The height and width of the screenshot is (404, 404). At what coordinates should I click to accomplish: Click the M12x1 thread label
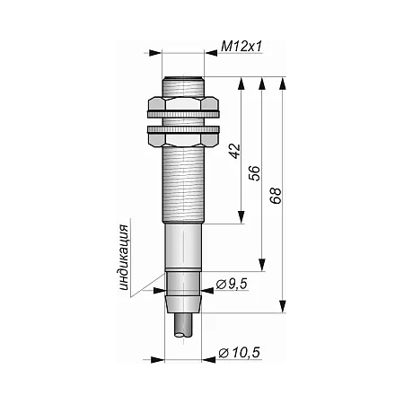pyautogui.click(x=242, y=47)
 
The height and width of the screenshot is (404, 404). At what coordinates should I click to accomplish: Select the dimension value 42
pyautogui.click(x=235, y=151)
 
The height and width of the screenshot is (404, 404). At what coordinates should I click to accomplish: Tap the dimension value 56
pyautogui.click(x=255, y=173)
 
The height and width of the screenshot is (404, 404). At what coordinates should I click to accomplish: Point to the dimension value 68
pyautogui.click(x=276, y=196)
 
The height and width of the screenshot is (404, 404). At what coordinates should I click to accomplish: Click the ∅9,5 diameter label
pyautogui.click(x=232, y=284)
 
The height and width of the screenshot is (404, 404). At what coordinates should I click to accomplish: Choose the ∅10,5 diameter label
pyautogui.click(x=239, y=353)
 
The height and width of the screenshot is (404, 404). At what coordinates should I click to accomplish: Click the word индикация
pyautogui.click(x=124, y=258)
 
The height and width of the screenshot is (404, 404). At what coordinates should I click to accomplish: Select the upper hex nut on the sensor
pyautogui.click(x=183, y=107)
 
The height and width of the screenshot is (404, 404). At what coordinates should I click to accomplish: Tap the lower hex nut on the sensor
pyautogui.click(x=183, y=136)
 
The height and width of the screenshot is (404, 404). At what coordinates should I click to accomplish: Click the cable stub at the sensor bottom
pyautogui.click(x=183, y=325)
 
